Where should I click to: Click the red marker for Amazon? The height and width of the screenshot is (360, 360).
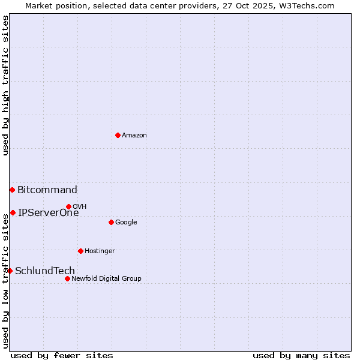118,135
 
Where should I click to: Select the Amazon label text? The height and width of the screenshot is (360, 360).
134,136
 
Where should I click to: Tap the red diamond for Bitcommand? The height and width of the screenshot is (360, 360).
12,190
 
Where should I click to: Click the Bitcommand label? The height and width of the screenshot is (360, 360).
47,190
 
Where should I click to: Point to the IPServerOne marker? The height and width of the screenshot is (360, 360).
13,212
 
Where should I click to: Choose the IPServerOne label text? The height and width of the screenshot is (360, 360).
49,212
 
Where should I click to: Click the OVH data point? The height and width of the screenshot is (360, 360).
68,206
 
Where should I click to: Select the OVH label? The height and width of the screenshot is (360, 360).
80,207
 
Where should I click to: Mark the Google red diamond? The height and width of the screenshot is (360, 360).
111,222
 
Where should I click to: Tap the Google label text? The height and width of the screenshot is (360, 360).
126,223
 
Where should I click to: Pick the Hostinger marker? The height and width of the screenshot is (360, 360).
80,251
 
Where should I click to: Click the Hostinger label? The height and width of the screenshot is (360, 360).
100,251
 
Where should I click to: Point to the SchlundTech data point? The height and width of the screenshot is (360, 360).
10,271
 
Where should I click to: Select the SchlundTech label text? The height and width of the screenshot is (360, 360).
45,271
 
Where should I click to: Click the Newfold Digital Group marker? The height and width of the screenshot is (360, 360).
67,278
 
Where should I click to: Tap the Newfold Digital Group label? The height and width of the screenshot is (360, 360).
106,278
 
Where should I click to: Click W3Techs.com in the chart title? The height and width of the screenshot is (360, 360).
310,5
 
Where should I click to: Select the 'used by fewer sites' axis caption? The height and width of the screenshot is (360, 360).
62,355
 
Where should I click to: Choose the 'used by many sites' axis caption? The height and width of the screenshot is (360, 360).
301,355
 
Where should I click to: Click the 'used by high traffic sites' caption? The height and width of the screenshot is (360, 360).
5,85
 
